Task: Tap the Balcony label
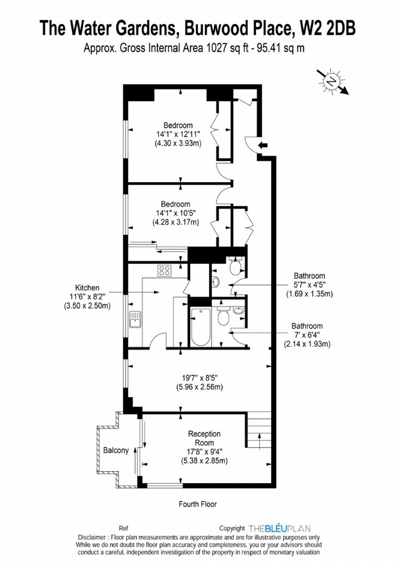click(x=115, y=450)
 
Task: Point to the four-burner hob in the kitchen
click(x=165, y=271)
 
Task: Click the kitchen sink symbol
click(x=135, y=318)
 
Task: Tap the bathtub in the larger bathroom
click(x=200, y=327)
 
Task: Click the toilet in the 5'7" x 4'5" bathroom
click(x=236, y=267)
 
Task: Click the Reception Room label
click(x=204, y=438)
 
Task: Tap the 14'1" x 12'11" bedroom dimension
click(x=178, y=134)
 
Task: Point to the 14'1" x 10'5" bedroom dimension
click(x=175, y=213)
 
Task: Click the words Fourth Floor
click(x=197, y=504)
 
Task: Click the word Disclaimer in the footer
click(x=94, y=537)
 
